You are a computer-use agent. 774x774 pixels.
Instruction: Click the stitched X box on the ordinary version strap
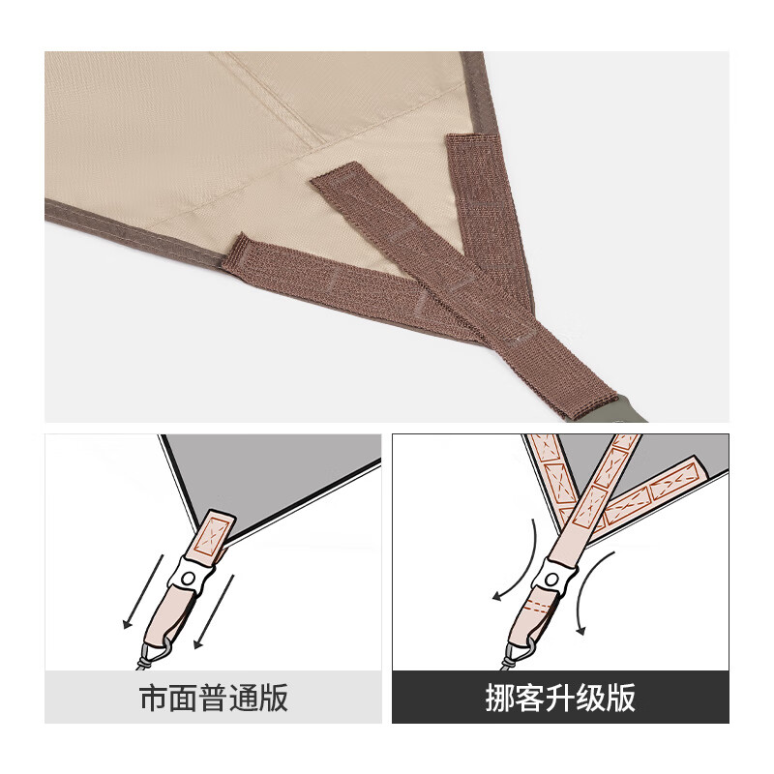click(215, 531)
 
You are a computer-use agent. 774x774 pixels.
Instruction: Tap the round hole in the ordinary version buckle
click(193, 579)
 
